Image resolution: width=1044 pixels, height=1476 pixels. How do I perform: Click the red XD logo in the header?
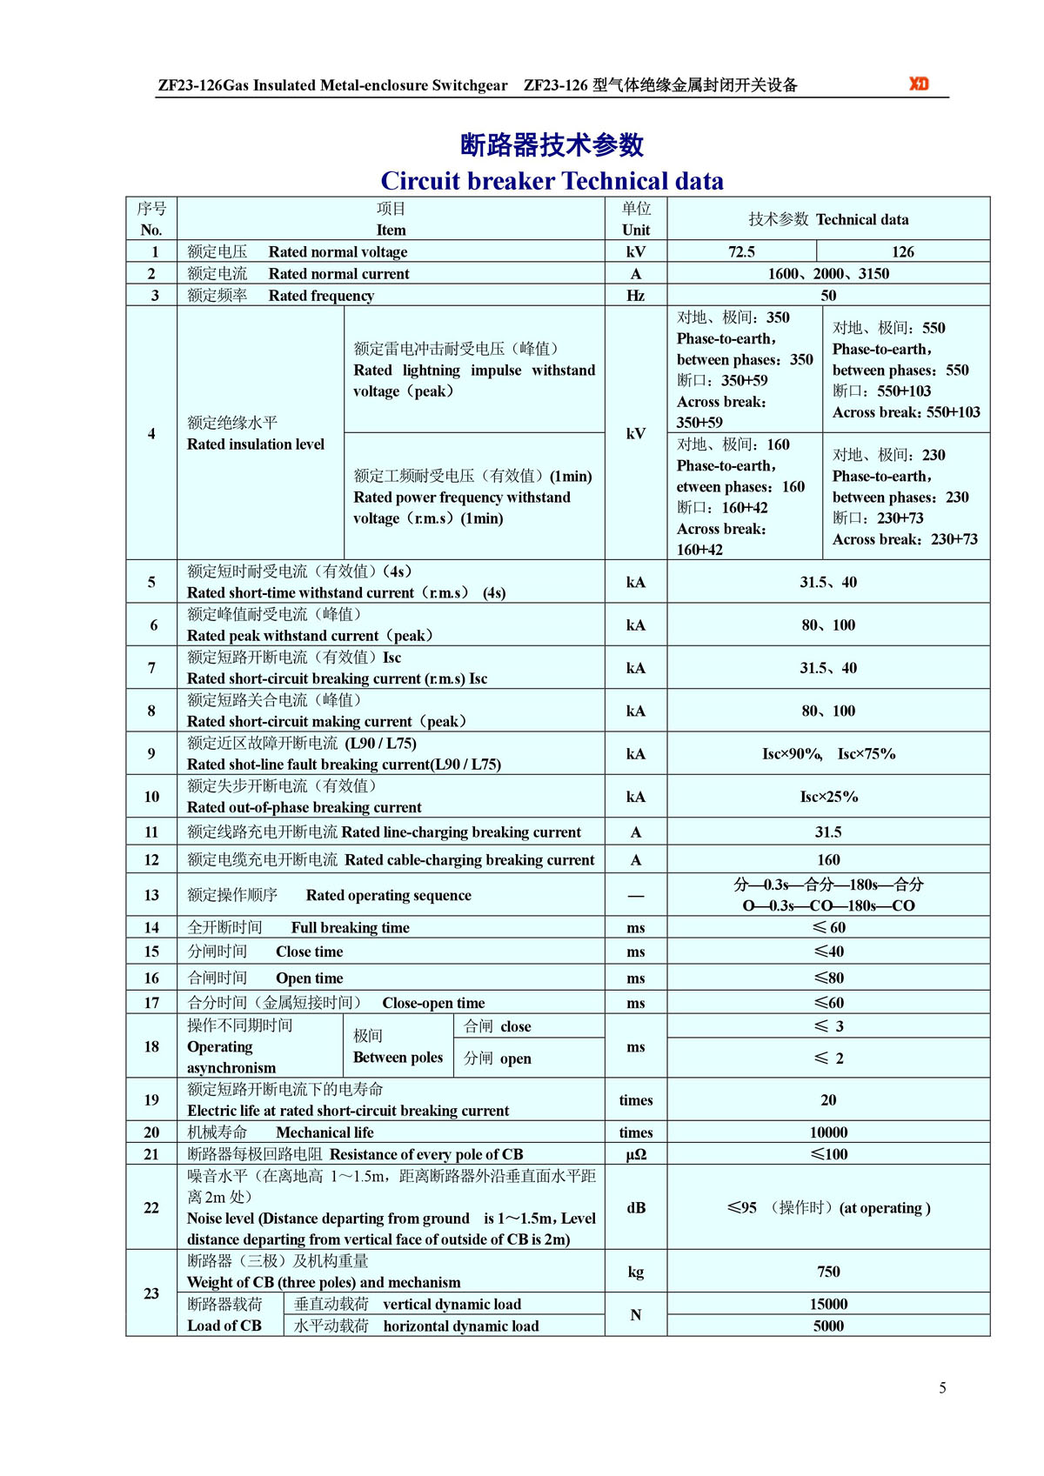[x=919, y=83]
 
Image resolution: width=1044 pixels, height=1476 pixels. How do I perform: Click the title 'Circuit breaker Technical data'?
[x=552, y=181]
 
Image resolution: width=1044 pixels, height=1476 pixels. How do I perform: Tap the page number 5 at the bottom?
[x=942, y=1387]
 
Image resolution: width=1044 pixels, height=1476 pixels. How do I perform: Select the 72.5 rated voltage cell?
[x=741, y=251]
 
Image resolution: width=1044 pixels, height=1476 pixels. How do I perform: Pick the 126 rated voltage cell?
[x=902, y=251]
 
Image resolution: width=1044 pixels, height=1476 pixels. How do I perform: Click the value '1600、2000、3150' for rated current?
[x=827, y=273]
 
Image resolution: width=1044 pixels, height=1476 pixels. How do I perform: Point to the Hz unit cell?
[x=635, y=296]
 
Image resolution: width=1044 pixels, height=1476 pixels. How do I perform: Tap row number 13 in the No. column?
[x=151, y=895]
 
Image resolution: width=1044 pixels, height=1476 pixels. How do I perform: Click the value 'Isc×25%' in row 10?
[x=828, y=797]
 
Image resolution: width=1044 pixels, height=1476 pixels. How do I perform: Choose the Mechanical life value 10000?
[x=827, y=1132]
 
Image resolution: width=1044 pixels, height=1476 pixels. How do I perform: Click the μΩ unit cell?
[x=635, y=1154]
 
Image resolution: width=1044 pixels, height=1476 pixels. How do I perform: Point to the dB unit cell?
[x=635, y=1207]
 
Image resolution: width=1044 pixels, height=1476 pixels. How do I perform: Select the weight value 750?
[x=827, y=1272]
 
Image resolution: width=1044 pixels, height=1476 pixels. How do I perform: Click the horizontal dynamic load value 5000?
[x=827, y=1326]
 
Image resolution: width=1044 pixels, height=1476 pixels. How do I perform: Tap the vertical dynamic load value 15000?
[x=827, y=1304]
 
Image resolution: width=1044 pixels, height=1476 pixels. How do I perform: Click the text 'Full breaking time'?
[x=350, y=928]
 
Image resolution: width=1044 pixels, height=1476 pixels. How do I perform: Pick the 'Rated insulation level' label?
[x=256, y=444]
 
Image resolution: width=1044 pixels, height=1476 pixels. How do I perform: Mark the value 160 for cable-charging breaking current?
[x=827, y=859]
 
